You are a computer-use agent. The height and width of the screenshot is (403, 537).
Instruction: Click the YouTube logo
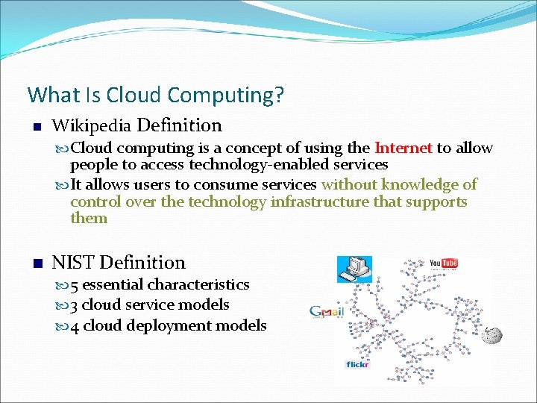[x=444, y=263]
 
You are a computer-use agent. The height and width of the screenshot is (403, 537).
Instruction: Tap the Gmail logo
[x=326, y=312]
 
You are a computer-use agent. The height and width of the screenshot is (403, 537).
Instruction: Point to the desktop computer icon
[x=354, y=269]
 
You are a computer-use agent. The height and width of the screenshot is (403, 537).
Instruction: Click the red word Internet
[x=403, y=148]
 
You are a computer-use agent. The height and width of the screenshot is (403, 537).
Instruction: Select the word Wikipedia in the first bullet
[x=92, y=125]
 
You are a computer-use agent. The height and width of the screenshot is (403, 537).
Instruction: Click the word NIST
[x=73, y=263]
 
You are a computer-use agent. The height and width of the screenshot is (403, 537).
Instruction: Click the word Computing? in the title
[x=226, y=96]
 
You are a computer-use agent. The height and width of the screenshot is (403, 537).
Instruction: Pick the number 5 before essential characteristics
[x=75, y=284]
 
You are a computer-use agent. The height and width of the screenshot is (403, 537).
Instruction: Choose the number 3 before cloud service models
[x=75, y=304]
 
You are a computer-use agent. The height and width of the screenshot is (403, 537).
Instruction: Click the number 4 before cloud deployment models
[x=75, y=325]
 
